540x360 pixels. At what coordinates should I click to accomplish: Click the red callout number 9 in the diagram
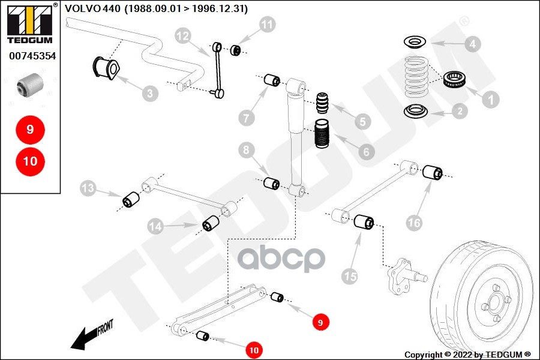click(320, 322)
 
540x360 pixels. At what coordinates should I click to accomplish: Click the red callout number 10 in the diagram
click(254, 350)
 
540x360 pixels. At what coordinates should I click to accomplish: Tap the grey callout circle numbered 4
click(473, 44)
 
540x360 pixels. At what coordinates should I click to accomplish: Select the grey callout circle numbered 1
click(491, 99)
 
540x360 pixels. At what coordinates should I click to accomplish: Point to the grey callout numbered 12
click(183, 36)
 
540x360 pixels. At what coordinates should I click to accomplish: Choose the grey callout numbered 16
click(414, 223)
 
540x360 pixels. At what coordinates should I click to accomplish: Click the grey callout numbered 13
click(88, 190)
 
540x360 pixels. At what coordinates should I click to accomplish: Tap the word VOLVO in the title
click(80, 8)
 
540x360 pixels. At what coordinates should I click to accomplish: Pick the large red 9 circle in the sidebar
click(29, 129)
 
